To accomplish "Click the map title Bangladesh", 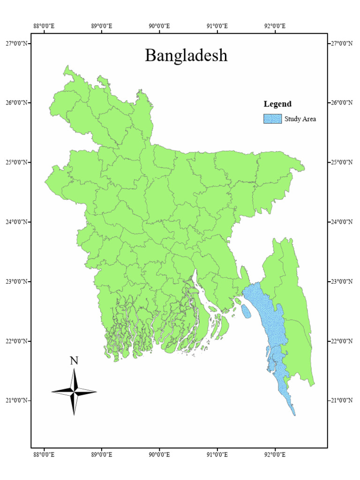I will point(186,56).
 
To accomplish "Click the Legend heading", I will point(277,104).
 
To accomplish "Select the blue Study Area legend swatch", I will point(272,119).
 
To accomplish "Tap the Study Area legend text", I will point(300,119).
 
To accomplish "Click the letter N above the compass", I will point(74,360).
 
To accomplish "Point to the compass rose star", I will point(74,391).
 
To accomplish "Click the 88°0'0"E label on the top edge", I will point(44,26).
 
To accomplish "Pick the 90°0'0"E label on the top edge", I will point(159,26).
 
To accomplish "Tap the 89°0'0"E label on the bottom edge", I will point(101,454).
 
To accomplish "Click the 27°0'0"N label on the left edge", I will point(18,44).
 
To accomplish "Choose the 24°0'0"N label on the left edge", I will point(18,222).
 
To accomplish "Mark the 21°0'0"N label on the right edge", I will point(341,400).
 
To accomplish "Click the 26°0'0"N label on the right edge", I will point(341,103).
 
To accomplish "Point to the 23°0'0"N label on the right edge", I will point(341,281).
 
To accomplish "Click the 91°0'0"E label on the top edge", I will point(217,26).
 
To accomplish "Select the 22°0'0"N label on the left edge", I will point(18,341).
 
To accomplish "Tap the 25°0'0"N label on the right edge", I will point(341,162).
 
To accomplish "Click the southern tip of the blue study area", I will point(294,414).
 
